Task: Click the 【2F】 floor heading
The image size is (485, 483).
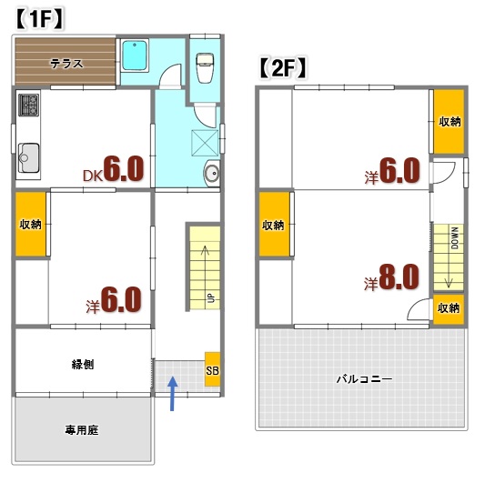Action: [281, 67]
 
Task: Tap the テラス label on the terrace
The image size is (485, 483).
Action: [66, 63]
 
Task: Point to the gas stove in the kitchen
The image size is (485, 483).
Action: [26, 106]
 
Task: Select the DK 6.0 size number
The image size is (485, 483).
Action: [123, 169]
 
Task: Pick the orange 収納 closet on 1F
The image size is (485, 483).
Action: [30, 224]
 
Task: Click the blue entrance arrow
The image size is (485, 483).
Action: [173, 395]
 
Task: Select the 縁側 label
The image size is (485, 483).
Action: [83, 365]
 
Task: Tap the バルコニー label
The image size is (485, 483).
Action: [363, 377]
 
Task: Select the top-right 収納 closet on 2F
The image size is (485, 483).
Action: [449, 121]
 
